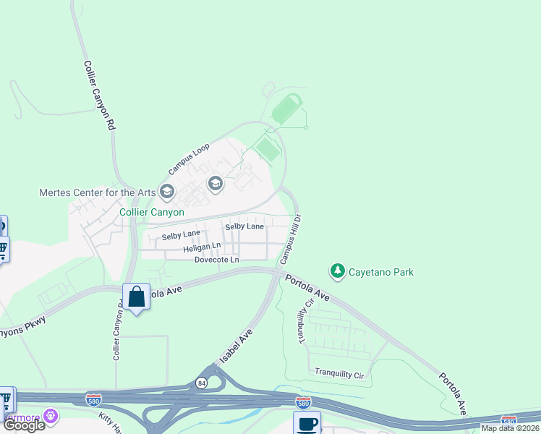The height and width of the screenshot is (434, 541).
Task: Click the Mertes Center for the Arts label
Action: (97, 192)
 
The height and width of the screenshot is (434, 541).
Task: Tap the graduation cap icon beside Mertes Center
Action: (168, 192)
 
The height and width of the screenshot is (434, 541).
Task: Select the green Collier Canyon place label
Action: (151, 213)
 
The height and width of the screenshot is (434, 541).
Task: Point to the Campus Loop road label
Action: (189, 158)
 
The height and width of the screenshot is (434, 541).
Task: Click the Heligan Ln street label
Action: (202, 247)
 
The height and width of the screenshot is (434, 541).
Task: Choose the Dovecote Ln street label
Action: (216, 260)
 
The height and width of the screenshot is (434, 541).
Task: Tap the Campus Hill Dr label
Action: (291, 239)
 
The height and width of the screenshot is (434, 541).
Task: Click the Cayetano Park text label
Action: (382, 272)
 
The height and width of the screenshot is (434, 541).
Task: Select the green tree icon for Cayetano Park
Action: (337, 271)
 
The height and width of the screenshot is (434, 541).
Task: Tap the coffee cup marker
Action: (306, 423)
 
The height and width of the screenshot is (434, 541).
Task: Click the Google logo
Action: (24, 425)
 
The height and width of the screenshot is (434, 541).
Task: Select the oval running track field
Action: (289, 109)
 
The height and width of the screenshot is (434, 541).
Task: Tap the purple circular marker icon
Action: (50, 416)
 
